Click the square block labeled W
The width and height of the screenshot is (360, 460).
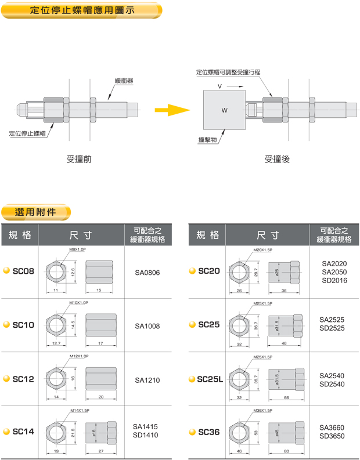224,110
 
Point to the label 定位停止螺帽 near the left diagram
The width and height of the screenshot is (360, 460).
28,134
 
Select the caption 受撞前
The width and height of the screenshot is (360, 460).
79,158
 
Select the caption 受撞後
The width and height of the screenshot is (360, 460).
277,158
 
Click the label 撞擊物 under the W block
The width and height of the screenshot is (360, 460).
207,140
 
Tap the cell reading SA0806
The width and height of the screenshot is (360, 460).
147,271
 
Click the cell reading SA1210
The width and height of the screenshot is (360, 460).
147,381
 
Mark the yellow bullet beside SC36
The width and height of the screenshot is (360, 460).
192,432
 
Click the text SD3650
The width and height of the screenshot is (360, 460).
332,436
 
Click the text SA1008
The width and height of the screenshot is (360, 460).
147,326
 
